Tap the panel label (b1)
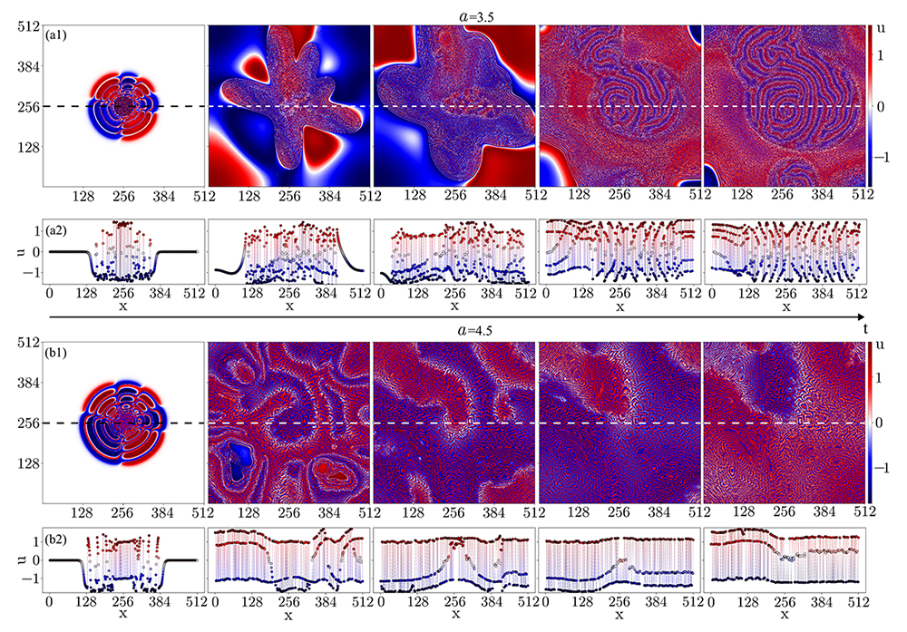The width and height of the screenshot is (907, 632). tap(62, 352)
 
